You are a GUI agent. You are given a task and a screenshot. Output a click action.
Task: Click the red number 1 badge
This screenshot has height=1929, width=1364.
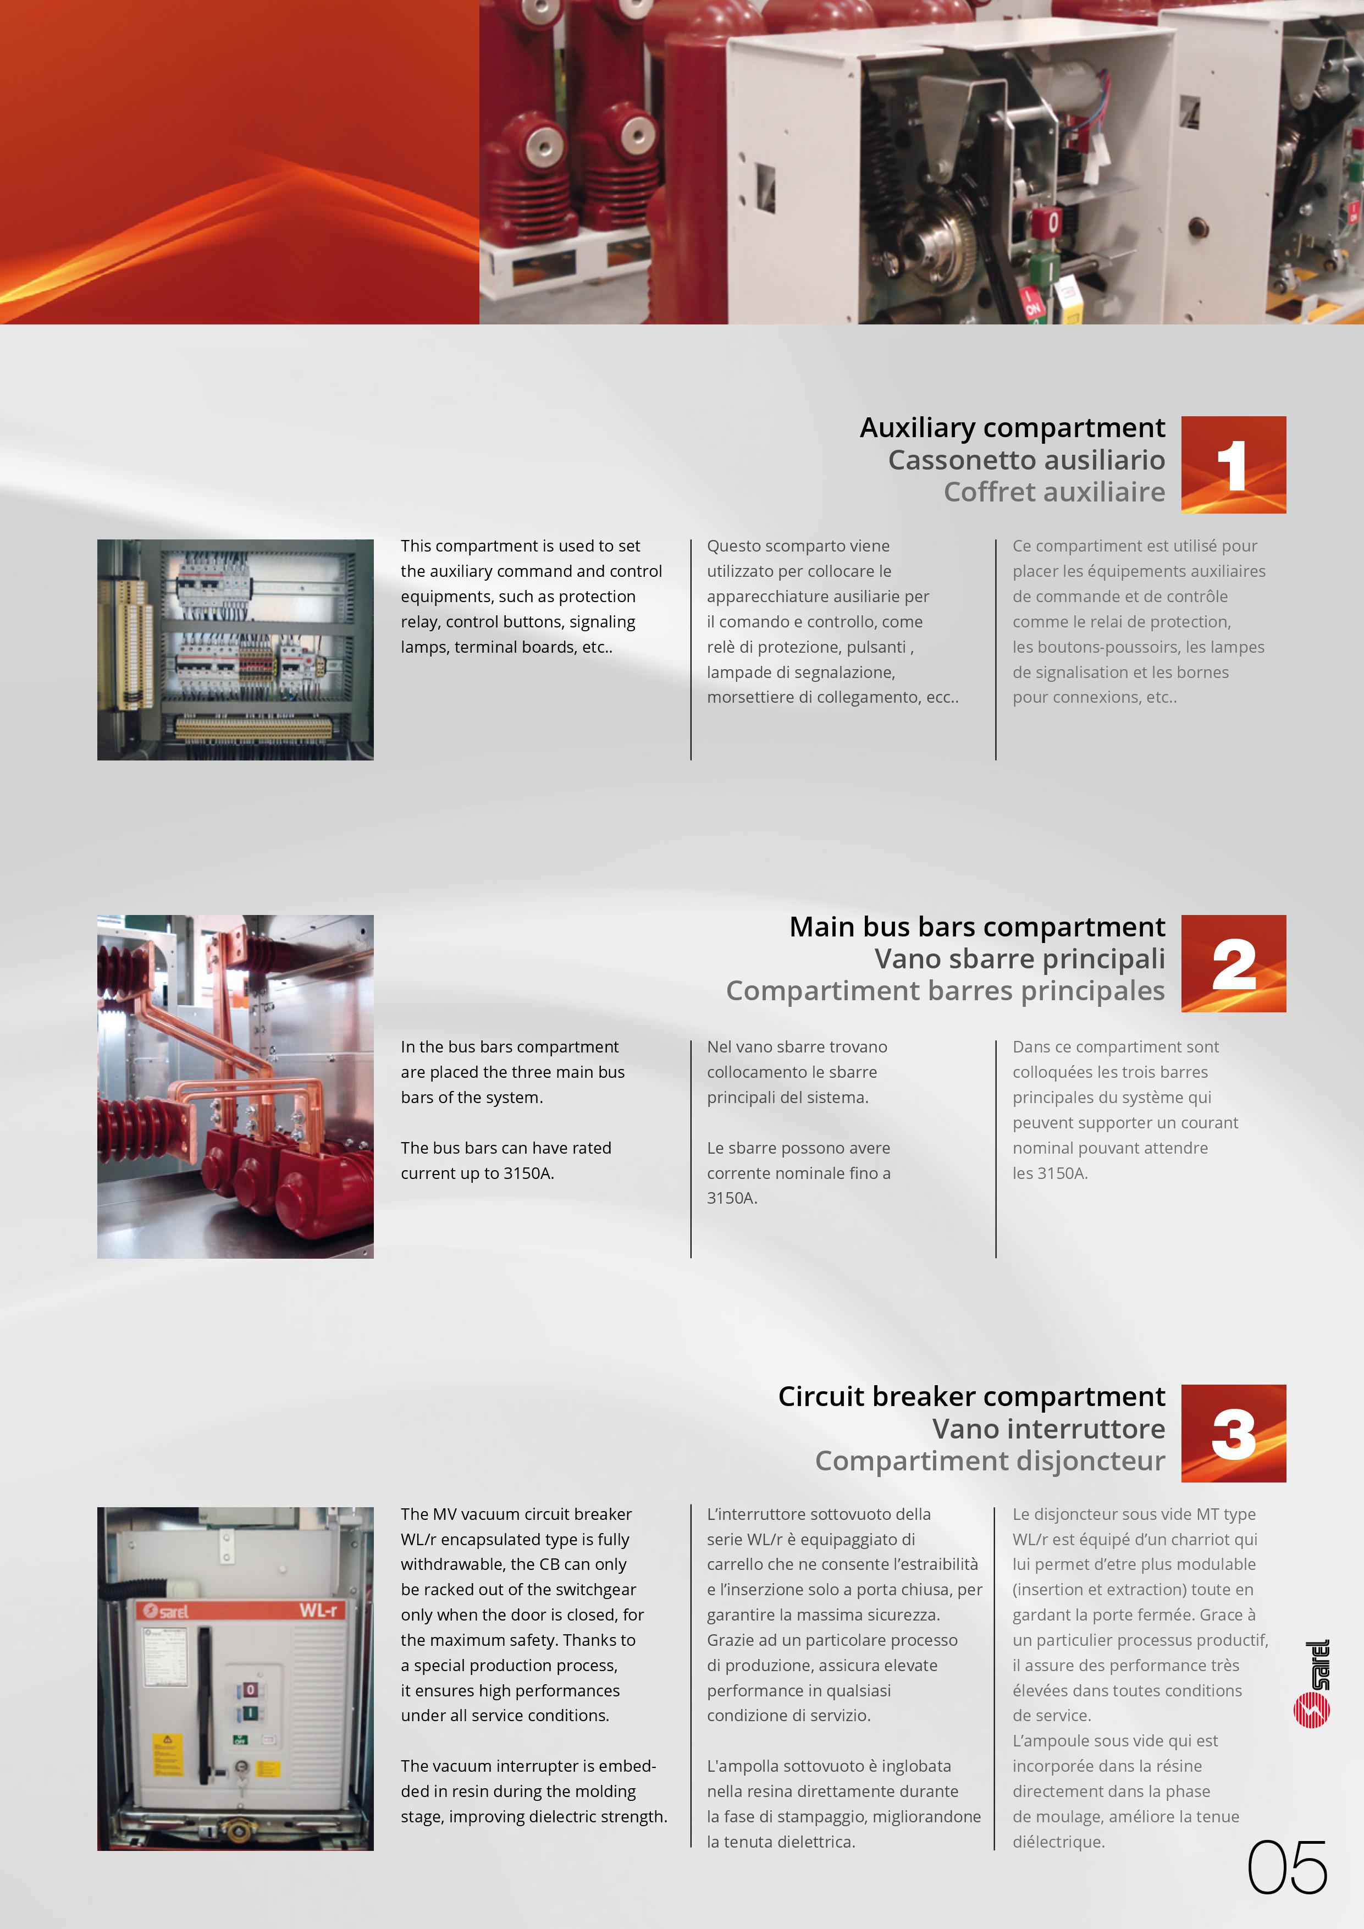click(1233, 465)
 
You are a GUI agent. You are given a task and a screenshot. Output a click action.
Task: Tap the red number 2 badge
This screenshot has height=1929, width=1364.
click(1233, 963)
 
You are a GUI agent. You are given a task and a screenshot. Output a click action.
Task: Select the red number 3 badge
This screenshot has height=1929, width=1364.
click(1233, 1434)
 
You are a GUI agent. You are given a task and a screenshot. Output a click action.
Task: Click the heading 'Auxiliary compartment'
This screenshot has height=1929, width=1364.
click(1012, 428)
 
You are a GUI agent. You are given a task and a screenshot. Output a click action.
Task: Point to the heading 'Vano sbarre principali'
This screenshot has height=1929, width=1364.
click(1020, 958)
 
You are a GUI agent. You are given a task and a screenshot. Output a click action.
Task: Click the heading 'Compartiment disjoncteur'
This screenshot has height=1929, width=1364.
click(990, 1461)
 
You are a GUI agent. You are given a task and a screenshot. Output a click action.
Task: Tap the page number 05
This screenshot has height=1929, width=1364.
click(1286, 1867)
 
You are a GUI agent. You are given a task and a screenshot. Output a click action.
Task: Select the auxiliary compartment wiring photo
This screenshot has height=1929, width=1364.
click(235, 649)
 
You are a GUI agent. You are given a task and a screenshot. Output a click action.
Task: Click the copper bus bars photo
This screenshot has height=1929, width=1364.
click(235, 1087)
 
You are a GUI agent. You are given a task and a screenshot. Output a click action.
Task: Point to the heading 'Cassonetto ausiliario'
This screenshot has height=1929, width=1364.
click(1026, 460)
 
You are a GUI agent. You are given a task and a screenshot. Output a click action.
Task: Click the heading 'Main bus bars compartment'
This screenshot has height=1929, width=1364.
click(977, 927)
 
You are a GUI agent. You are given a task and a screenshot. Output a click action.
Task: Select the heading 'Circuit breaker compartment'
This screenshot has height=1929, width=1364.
click(971, 1396)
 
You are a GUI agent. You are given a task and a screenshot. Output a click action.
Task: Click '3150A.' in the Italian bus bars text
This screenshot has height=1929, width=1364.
click(732, 1198)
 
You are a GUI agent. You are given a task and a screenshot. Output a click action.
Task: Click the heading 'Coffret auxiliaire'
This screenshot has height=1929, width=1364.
click(1054, 492)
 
